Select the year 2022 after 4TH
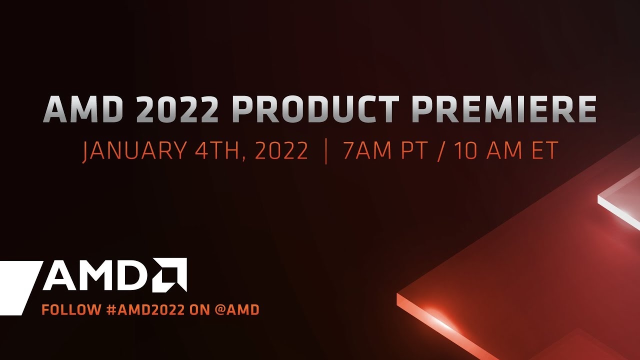(281, 151)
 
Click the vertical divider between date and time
(326, 151)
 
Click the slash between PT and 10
(440, 151)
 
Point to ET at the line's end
(544, 151)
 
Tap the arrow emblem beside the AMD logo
(170, 274)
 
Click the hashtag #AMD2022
(145, 310)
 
